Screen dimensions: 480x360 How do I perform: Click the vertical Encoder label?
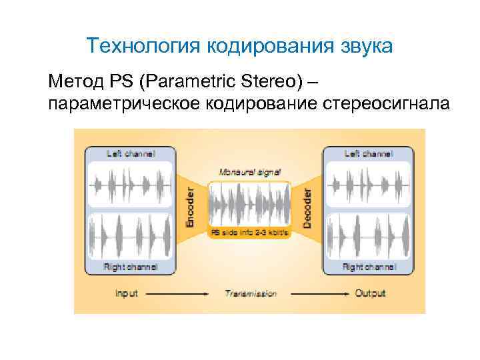point(189,207)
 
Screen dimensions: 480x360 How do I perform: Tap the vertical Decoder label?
point(307,207)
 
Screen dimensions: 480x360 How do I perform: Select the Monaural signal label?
point(249,171)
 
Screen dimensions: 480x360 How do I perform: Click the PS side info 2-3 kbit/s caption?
point(249,233)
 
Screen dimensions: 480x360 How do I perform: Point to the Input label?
point(125,293)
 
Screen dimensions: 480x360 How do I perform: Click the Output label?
point(369,293)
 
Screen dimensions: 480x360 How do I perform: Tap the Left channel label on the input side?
point(131,153)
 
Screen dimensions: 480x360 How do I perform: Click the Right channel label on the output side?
point(369,267)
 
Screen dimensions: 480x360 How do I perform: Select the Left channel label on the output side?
point(369,153)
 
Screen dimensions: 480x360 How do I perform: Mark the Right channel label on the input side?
point(131,267)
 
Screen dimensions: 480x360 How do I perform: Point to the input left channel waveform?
point(131,183)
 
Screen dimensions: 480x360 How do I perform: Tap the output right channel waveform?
point(369,237)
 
